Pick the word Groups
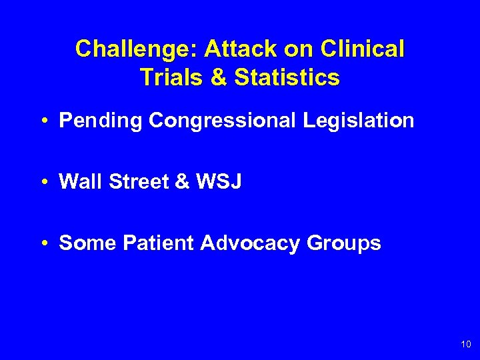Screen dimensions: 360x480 (x=344, y=243)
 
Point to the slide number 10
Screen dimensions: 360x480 (x=465, y=344)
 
